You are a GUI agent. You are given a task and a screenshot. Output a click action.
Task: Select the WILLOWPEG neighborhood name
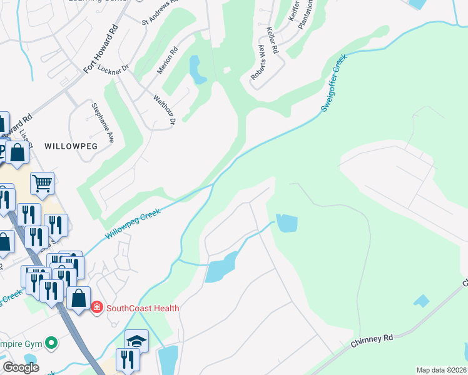point(69,146)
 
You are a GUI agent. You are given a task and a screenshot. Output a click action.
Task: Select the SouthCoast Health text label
point(143,308)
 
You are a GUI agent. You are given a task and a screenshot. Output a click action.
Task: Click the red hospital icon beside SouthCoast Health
point(96,307)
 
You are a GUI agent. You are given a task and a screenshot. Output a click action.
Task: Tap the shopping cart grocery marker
point(42,184)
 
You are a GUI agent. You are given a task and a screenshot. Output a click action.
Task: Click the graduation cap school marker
point(136,341)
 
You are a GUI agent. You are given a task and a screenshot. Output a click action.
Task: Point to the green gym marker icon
point(53,342)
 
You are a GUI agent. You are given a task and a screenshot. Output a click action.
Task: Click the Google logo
point(21,367)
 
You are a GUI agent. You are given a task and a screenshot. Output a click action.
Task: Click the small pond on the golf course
point(197,69)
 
